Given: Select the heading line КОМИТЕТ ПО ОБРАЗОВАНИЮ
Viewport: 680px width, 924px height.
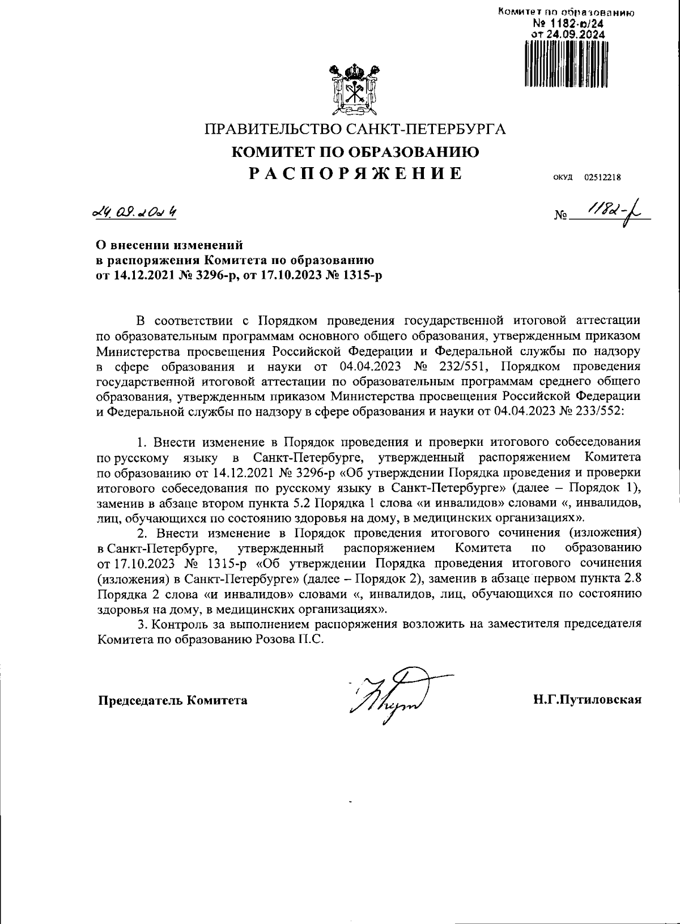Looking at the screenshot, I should coord(356,151).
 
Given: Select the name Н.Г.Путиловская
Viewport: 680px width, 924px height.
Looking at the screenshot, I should coord(587,700).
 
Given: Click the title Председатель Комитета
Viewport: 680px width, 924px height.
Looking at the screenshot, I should coord(173,700).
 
